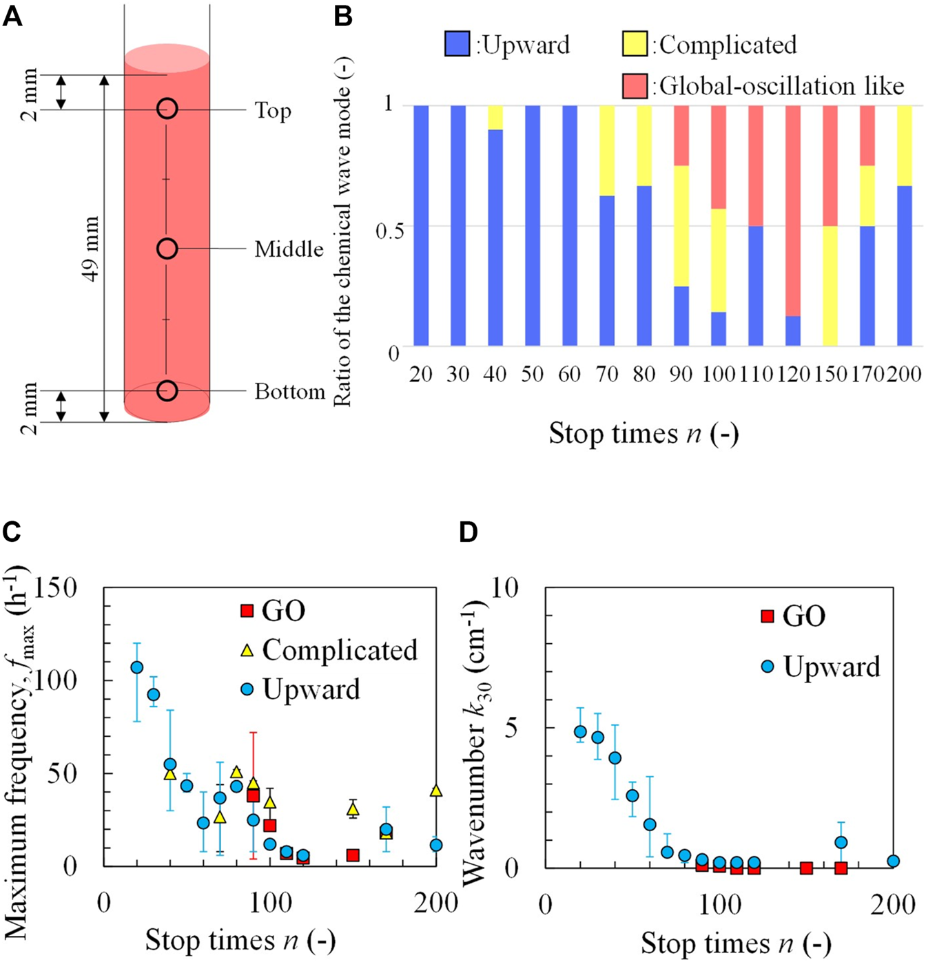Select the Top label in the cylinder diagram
(x=273, y=110)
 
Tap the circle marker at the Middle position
(x=167, y=249)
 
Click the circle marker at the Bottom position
(x=167, y=390)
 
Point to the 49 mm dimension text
(x=90, y=249)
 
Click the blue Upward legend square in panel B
(x=457, y=44)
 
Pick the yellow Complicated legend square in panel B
(x=635, y=44)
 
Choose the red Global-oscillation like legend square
(x=635, y=86)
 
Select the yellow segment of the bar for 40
(x=495, y=118)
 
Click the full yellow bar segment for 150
(x=830, y=286)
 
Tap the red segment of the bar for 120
(x=792, y=211)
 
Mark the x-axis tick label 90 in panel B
(x=681, y=374)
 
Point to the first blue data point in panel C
(x=137, y=667)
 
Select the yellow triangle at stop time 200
(x=435, y=791)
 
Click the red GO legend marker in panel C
(x=247, y=611)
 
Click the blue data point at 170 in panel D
(x=841, y=842)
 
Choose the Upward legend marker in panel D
(x=768, y=666)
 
